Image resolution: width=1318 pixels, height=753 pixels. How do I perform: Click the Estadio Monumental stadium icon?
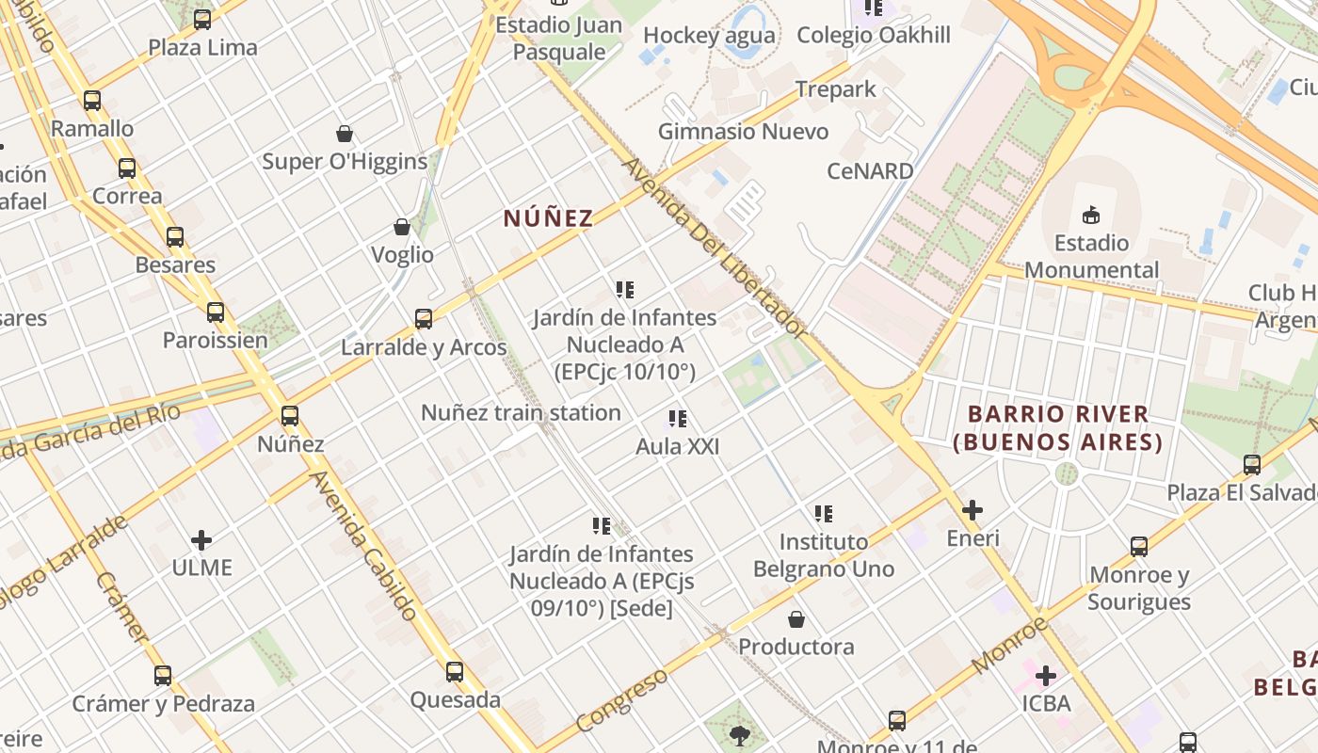pos(1091,216)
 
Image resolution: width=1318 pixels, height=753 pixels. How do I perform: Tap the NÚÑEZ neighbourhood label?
pos(548,219)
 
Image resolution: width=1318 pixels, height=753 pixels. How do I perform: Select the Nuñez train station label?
pos(521,412)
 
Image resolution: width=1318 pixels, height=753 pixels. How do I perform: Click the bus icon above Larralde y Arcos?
pos(424,319)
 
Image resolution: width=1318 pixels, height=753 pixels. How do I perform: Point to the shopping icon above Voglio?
pos(402,227)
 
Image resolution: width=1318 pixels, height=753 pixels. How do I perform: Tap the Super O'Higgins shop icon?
pos(345,134)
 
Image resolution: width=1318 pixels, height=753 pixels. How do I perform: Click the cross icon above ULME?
pos(201,540)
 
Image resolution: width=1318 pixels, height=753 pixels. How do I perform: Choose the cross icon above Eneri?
pos(972,510)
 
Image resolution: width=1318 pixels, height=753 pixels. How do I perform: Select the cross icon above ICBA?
pos(1046,675)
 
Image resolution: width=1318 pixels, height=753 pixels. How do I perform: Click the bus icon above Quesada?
pos(455,672)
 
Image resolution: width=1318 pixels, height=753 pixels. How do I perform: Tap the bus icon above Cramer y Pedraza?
pos(163,675)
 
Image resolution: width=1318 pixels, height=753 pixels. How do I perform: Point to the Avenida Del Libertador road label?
pos(715,248)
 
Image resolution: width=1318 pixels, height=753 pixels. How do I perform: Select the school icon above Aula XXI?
pos(677,419)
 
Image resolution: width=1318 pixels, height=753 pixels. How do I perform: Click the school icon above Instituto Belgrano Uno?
pos(824,514)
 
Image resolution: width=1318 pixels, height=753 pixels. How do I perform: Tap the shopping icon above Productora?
pos(796,619)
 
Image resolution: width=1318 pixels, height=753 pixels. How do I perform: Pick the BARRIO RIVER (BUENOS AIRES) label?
pos(1058,427)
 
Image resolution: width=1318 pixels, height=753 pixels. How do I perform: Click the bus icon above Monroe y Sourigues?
pos(1139,547)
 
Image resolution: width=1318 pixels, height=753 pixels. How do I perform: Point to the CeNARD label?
pos(870,171)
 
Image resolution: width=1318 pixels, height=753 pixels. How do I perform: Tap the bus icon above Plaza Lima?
pos(202,19)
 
